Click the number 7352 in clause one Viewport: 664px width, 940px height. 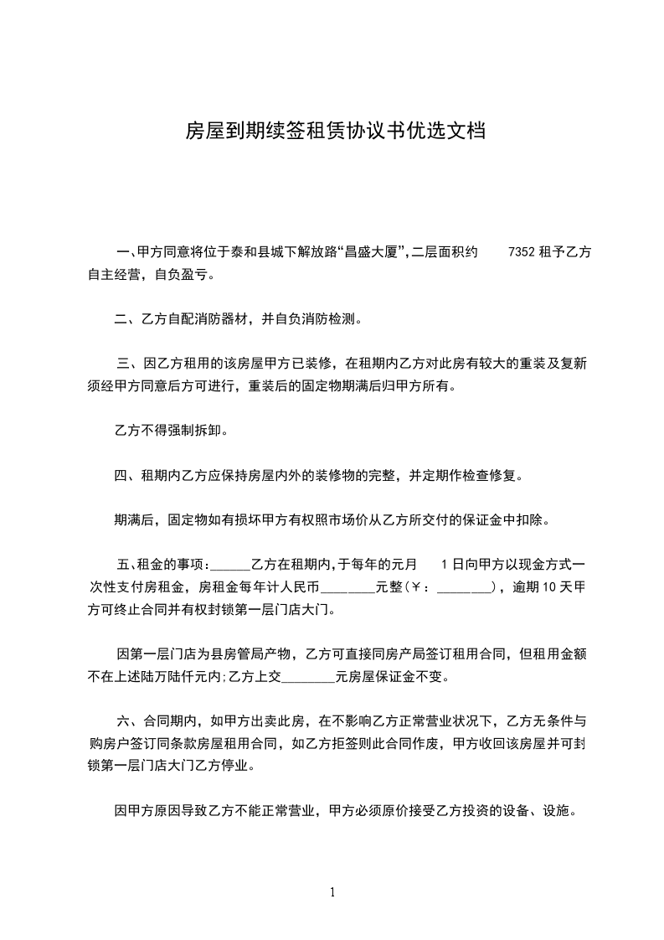[523, 252]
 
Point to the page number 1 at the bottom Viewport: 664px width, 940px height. [332, 892]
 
